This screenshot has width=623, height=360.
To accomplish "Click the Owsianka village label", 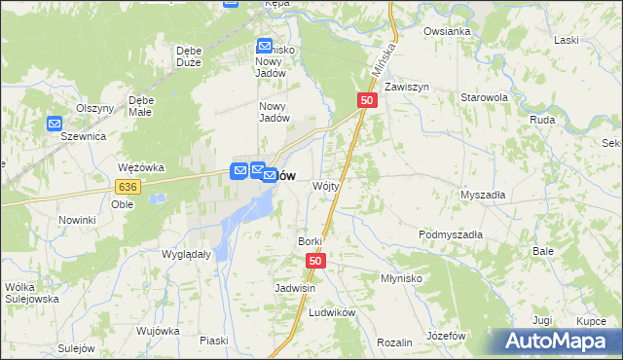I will [447, 31].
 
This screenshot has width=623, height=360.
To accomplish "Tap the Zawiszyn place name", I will [407, 87].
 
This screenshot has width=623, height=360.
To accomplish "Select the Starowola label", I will [485, 98].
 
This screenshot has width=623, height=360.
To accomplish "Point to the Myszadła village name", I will [483, 195].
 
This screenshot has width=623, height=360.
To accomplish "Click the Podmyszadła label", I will [451, 234].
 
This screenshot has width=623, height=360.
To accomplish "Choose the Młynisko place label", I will [400, 277].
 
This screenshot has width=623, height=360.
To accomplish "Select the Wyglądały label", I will [186, 253].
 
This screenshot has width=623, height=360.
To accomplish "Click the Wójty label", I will [325, 185].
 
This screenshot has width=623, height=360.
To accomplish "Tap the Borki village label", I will [310, 240].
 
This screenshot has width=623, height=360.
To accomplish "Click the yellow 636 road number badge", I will [128, 186].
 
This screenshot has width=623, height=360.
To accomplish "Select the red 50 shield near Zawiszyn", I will [367, 100].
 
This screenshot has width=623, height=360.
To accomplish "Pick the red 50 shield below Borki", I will [315, 261].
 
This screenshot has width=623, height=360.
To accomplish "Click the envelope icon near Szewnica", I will [55, 124].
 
